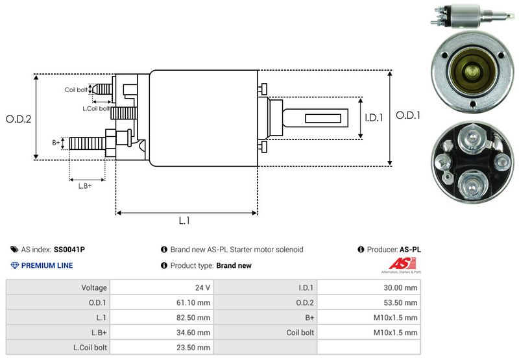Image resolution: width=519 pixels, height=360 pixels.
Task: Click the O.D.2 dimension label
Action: pos(19,119)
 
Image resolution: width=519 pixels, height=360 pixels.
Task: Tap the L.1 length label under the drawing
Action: pos(184,221)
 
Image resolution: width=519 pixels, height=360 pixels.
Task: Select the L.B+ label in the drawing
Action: pos(85,186)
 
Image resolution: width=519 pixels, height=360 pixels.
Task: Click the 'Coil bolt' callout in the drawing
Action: pos(75,90)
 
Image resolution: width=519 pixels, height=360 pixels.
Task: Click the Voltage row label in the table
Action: pos(94,287)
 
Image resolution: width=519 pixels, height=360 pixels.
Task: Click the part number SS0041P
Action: pos(69,249)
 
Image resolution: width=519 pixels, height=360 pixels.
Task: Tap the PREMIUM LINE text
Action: pos(47,265)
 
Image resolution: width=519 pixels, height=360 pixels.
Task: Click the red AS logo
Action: pos(397,264)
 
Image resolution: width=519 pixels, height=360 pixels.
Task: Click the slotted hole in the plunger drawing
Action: pos(318,119)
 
